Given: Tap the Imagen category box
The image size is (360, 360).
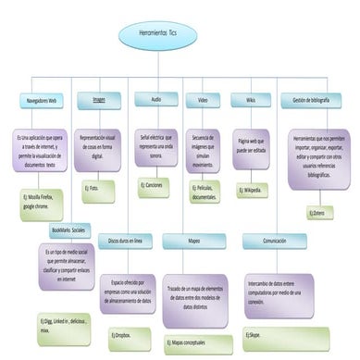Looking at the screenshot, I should click(x=99, y=99).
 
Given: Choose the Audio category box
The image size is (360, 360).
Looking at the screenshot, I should click(x=155, y=99).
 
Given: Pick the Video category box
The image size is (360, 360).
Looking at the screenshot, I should click(x=203, y=99).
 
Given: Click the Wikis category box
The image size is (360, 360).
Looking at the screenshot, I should click(x=250, y=99).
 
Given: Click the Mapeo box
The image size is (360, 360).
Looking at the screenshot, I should click(x=193, y=240).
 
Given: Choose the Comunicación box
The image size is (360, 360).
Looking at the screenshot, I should click(x=274, y=240).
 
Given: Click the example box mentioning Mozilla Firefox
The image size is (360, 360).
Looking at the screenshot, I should click(x=43, y=203).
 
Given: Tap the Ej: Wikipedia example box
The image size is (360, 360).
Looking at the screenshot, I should click(x=252, y=191).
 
